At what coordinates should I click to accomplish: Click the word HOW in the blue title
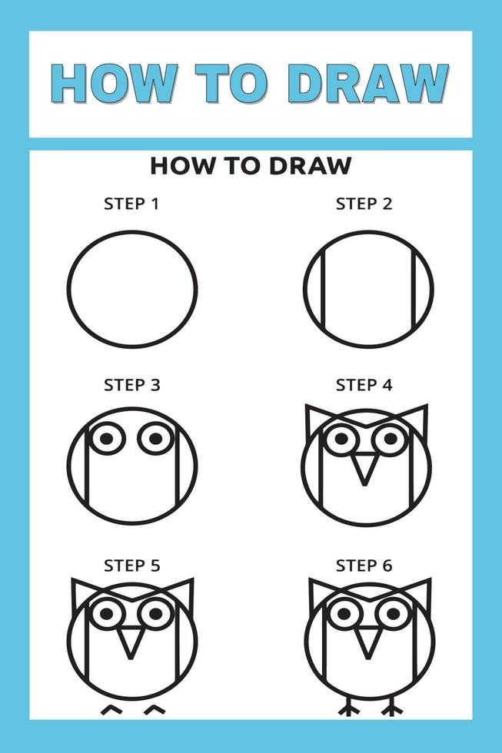pos(112,83)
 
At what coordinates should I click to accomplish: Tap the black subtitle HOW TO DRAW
pos(251,165)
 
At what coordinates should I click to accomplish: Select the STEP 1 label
pos(132,204)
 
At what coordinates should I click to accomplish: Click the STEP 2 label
pos(364,204)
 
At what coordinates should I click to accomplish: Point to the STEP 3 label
pos(132,385)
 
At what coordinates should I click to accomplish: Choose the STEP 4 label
pos(364,385)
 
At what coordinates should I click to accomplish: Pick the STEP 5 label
pos(132,566)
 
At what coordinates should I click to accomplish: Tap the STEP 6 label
pos(364,566)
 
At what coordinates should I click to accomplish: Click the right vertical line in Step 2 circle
pos(414,289)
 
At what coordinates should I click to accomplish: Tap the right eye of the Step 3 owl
pos(156,438)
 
